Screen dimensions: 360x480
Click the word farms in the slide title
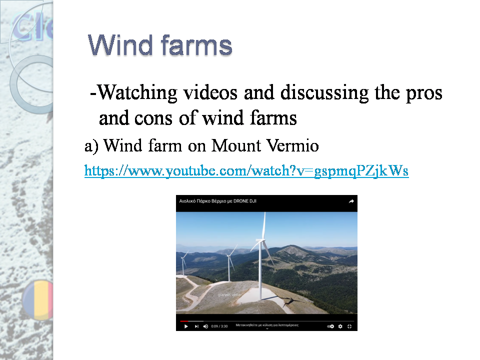[x=196, y=45]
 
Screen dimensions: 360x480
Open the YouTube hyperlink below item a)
[x=246, y=171]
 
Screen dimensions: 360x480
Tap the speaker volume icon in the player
[x=205, y=326]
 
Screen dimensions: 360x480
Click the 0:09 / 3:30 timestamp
[x=219, y=326]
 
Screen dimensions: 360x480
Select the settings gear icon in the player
[x=340, y=326]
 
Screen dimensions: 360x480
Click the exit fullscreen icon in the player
[x=349, y=326]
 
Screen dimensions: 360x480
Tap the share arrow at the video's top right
[x=351, y=201]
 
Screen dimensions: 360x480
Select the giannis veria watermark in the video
[x=229, y=294]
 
